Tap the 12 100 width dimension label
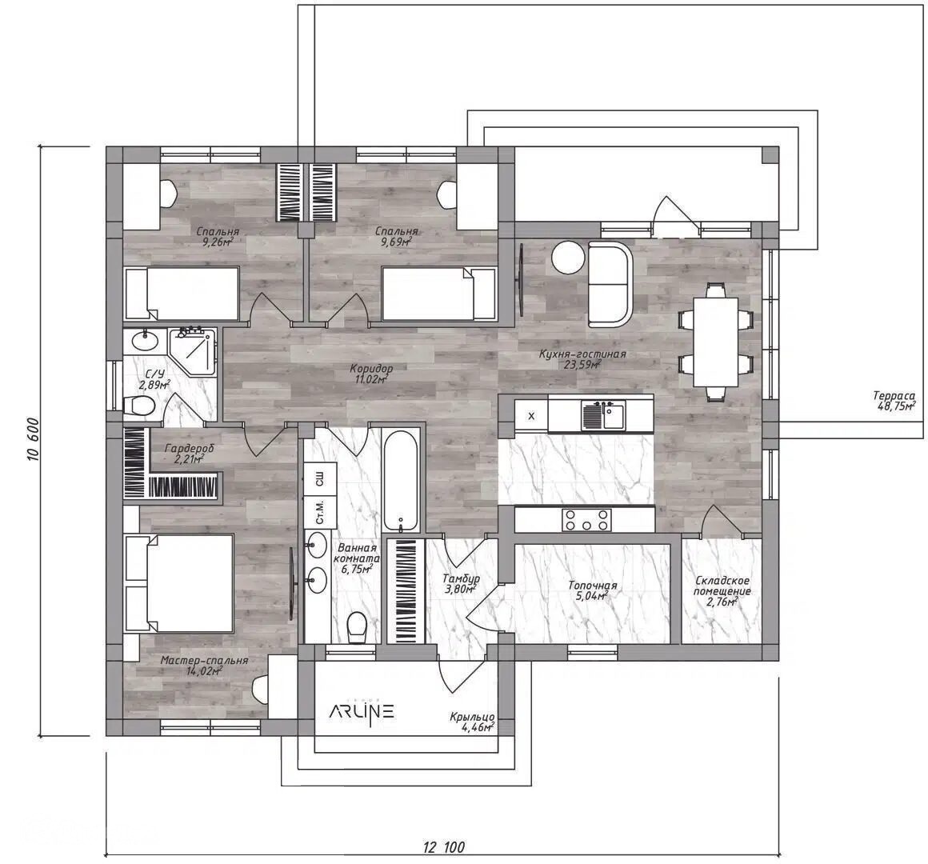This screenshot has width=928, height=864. click(444, 847)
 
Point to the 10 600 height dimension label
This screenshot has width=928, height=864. click(33, 439)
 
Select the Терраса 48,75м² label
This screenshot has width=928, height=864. click(894, 401)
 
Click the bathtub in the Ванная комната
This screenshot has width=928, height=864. click(401, 481)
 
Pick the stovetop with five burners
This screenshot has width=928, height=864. click(586, 519)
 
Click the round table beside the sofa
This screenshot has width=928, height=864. click(568, 258)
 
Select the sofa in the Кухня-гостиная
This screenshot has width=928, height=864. click(610, 283)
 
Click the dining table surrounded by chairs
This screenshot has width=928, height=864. click(716, 342)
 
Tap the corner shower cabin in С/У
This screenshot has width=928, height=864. click(193, 351)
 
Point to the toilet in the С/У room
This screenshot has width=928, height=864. click(140, 406)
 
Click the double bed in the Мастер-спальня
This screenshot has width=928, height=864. click(180, 583)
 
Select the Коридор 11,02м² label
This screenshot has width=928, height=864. click(370, 374)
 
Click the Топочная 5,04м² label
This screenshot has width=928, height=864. click(593, 590)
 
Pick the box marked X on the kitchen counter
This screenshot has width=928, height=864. click(531, 416)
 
